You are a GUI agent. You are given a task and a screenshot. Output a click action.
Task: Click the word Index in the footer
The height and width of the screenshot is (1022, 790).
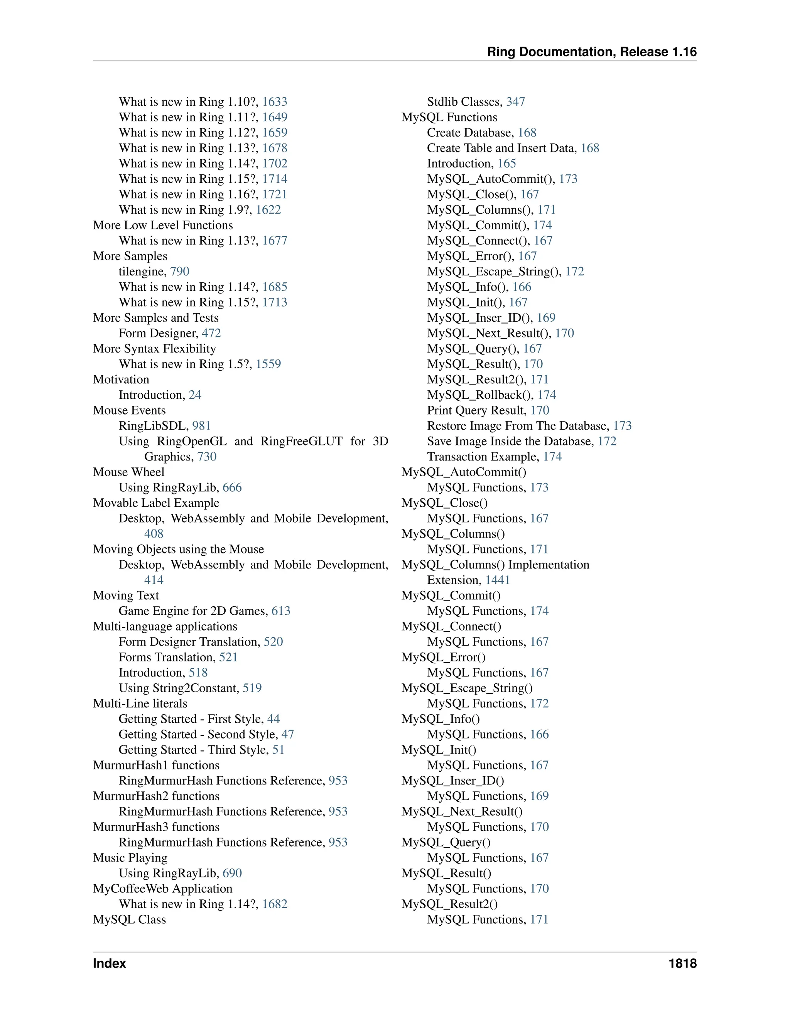pos(110,963)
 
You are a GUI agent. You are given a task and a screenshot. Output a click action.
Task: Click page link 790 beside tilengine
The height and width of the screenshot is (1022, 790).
pos(180,272)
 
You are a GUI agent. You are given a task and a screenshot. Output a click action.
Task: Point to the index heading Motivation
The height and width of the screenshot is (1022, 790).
pos(121,379)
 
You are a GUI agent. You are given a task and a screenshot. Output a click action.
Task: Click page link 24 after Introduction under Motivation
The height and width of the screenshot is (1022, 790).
pos(195,395)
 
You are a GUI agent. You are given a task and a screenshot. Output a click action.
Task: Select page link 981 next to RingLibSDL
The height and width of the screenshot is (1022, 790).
pos(201,426)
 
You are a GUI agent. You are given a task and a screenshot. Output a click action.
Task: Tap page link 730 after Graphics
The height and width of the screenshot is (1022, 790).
pos(207,457)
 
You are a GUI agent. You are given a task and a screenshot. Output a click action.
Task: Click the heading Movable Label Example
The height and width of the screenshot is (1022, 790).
pos(156,503)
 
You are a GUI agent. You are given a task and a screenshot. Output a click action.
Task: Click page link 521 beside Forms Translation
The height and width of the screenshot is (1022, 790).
pos(228,657)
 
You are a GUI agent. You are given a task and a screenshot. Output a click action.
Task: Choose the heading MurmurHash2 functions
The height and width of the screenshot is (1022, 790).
pos(156,796)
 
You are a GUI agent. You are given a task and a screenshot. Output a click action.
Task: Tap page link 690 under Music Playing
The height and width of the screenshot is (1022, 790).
pos(232,873)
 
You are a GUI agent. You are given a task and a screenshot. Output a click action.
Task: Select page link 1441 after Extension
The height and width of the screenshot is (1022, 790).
pos(498,580)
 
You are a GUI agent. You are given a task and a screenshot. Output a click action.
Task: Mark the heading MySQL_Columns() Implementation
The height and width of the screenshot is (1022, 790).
pos(495,565)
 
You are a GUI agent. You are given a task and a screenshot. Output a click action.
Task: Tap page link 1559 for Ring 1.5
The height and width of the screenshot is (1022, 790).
pos(268,364)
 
